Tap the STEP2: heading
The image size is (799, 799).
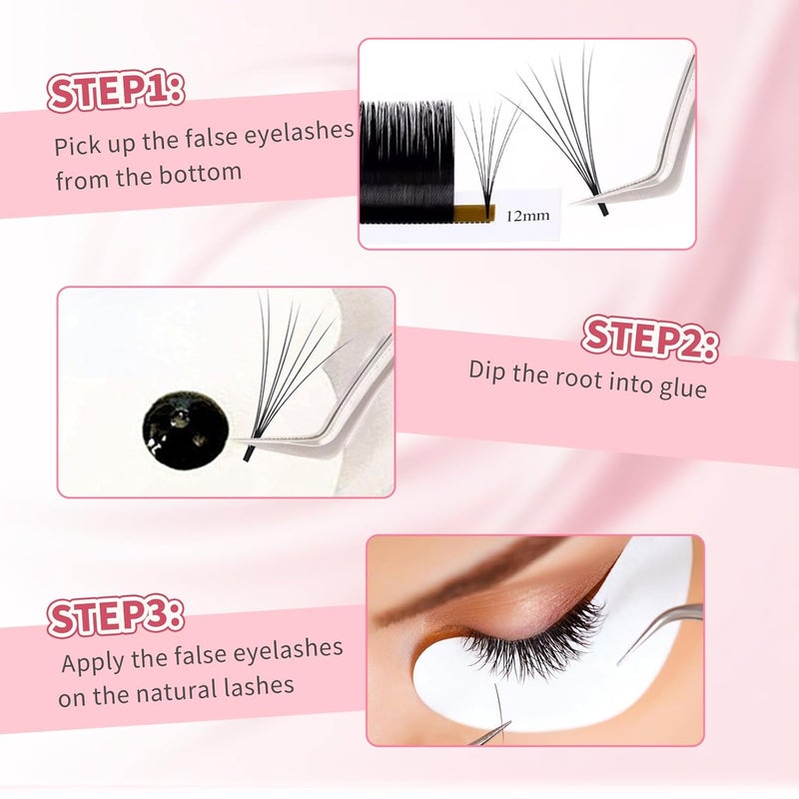(651, 339)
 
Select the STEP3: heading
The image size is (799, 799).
(115, 616)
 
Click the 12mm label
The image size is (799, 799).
(528, 215)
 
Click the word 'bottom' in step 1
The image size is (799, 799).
(200, 175)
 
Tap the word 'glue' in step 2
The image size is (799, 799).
(683, 388)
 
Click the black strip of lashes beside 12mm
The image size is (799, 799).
(406, 162)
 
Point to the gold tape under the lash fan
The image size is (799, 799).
(473, 212)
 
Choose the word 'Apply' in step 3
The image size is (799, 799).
(93, 663)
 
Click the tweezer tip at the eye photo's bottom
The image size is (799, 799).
(491, 734)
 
